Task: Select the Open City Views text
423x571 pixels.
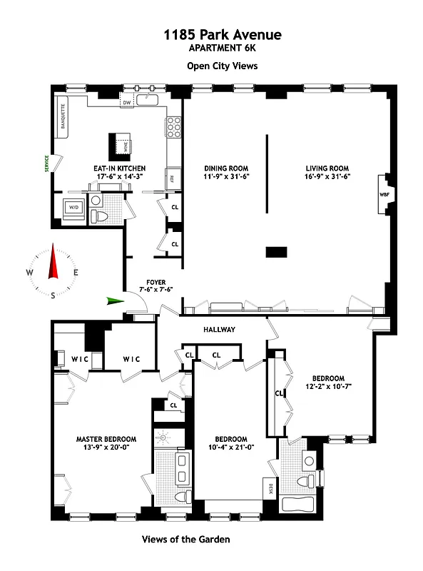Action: [222, 66]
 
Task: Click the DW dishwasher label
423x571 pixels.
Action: [126, 103]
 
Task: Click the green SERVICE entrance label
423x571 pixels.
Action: [46, 163]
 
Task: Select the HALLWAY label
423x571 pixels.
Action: [218, 329]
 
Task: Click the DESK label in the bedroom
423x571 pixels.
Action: [270, 490]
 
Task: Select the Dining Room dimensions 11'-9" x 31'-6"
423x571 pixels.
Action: [225, 176]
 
